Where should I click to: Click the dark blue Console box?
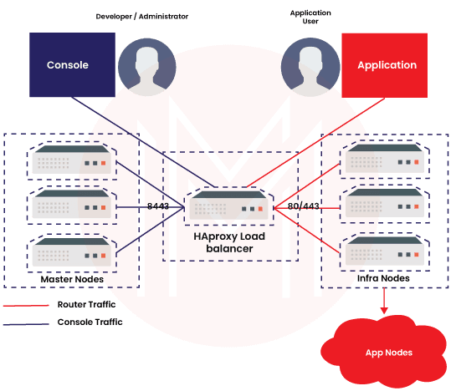[68, 65]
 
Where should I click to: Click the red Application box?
[387, 65]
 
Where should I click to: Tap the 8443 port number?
[158, 206]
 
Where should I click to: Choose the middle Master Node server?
[71, 206]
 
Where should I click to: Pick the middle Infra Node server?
[386, 206]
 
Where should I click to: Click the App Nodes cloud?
[388, 351]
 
